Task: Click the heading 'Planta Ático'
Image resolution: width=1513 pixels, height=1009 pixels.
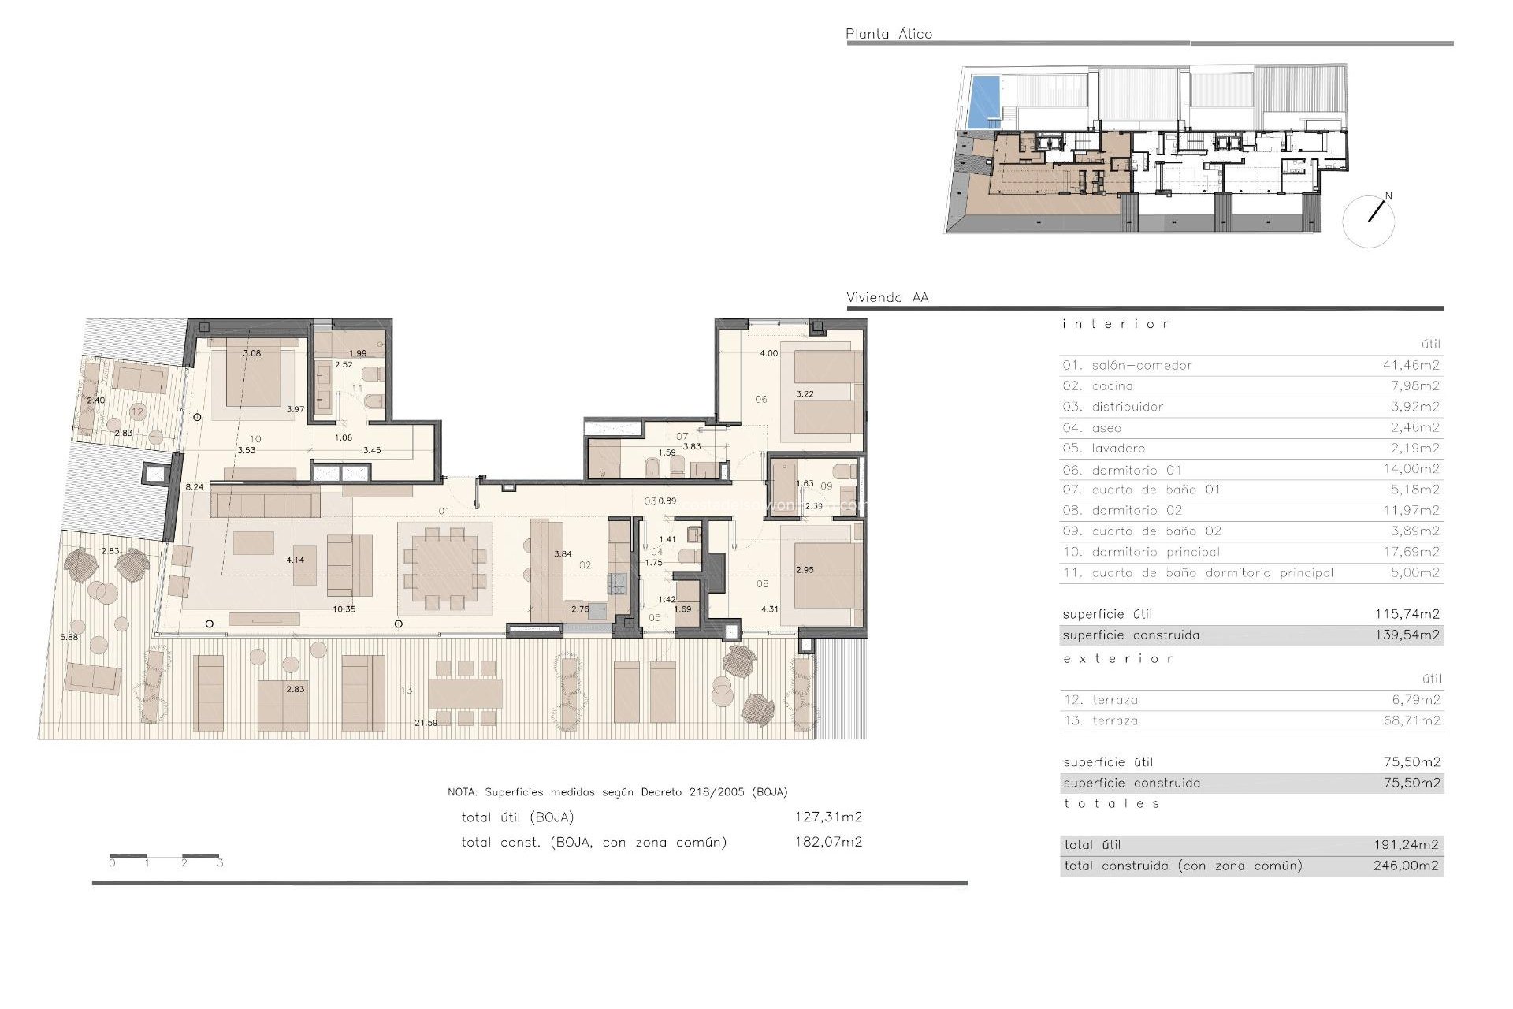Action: pos(888,34)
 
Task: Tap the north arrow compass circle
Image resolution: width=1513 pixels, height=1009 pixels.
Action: pos(1369,222)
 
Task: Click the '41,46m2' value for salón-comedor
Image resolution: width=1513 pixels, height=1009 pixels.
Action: pos(1411,365)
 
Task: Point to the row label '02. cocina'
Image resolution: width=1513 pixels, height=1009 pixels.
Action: pos(1097,385)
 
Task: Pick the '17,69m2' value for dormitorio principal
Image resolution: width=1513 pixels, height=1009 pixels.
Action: pos(1411,552)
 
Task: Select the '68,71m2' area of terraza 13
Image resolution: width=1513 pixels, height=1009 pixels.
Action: pos(1411,720)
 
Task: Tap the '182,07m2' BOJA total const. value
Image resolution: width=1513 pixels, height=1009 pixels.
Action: pos(827,842)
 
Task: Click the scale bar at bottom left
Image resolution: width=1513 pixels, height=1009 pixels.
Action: pos(165,856)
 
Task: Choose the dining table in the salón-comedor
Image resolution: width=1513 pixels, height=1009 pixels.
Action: pos(444,568)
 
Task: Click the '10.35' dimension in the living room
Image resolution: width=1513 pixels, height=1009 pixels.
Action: pos(344,609)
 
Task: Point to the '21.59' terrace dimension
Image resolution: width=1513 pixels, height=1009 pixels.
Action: pos(426,723)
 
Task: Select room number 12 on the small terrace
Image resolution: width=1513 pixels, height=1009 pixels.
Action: pos(138,411)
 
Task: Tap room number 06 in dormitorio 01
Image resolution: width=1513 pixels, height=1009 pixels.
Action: pos(760,399)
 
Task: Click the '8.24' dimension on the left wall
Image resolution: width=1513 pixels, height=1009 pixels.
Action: pos(194,487)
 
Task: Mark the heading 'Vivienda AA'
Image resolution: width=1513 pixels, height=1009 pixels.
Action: pos(887,297)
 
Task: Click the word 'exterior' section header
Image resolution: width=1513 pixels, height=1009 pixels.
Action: pos(1117,658)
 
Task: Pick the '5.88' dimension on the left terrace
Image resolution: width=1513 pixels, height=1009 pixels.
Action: pos(69,637)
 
